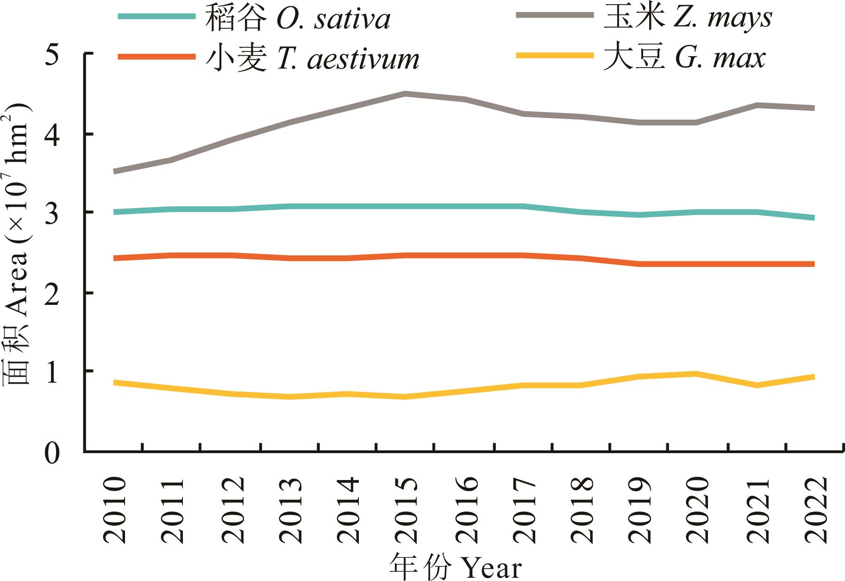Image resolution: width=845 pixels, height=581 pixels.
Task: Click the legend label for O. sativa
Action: (298, 19)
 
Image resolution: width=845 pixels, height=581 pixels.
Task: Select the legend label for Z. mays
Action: (688, 19)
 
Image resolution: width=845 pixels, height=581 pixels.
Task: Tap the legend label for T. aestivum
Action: (313, 59)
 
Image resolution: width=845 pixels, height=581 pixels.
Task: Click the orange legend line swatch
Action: (156, 57)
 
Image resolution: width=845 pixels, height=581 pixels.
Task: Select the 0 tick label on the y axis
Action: (52, 452)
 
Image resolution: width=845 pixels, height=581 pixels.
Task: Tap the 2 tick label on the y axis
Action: (52, 293)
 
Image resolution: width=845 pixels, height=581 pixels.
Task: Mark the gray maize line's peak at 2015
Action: (405, 94)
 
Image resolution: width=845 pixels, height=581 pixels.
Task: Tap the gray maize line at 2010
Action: (114, 171)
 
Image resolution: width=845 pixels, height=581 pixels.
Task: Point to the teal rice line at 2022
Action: (814, 218)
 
